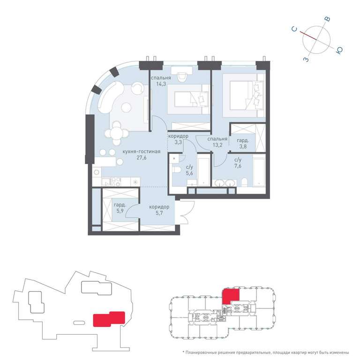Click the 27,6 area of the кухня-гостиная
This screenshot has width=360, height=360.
coord(142,157)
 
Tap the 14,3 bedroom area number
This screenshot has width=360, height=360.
coord(161,84)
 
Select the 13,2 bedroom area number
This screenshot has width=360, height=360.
coord(217,145)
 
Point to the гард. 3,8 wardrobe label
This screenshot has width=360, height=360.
coord(243,143)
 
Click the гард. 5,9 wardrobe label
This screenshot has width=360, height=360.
coord(120,208)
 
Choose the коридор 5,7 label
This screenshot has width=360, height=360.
coord(159,210)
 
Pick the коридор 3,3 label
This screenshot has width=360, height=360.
coord(178,139)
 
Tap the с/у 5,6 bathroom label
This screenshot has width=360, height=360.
coord(189,170)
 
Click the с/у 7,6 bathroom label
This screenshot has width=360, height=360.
coord(238,163)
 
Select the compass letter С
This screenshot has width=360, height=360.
coord(294,29)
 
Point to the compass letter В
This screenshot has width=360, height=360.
coord(328,19)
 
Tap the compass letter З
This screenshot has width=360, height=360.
coord(306,60)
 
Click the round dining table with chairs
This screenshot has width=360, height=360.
coord(117,133)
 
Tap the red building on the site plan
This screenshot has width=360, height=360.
coord(109,319)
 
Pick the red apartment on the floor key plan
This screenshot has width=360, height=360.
coord(230,296)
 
